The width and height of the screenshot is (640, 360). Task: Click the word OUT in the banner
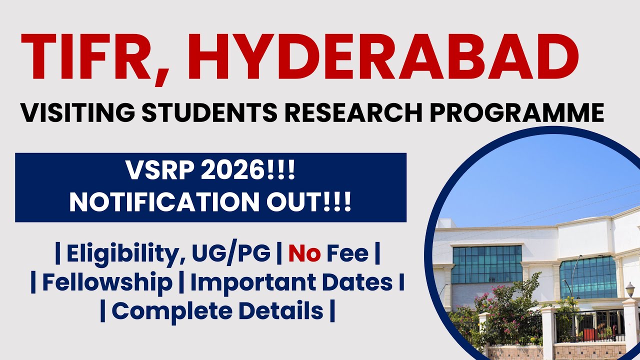pyautogui.click(x=299, y=202)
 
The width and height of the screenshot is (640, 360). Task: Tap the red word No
pyautogui.click(x=304, y=254)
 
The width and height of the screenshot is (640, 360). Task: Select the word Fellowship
pyautogui.click(x=107, y=283)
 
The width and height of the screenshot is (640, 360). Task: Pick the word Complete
pyautogui.click(x=168, y=311)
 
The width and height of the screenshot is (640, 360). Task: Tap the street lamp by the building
pyautogui.click(x=630, y=290)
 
